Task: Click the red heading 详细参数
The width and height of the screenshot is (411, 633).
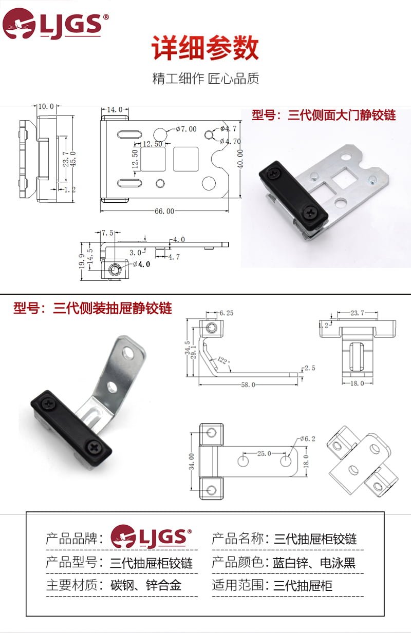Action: pos(205,49)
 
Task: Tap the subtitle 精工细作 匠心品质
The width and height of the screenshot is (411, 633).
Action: pos(206,79)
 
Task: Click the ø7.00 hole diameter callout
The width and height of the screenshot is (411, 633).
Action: pos(186,129)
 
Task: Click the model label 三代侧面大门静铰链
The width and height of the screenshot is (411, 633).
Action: pos(324,115)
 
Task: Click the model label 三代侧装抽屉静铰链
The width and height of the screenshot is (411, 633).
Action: pos(92,308)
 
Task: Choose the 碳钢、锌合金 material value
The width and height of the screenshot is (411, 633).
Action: pos(146,585)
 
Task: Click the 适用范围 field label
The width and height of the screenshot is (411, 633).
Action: pos(238,585)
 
